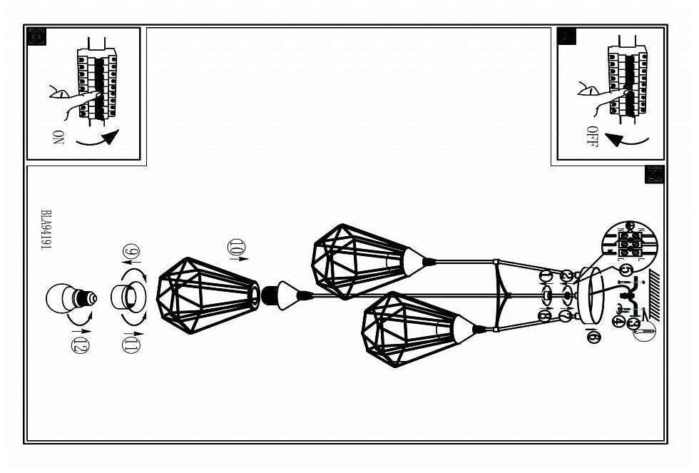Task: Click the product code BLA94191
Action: coord(46,228)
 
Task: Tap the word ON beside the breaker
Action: coord(58,137)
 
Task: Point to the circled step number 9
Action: coord(132,253)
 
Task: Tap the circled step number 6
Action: coord(591,336)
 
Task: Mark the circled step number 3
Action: coord(633,322)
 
